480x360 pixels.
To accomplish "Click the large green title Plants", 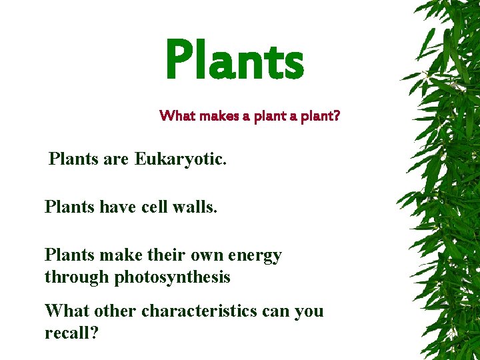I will [x=234, y=59].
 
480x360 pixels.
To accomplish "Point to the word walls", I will [x=194, y=207].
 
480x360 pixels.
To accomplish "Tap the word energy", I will [x=255, y=256].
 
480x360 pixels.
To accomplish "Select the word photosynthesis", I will [x=173, y=277].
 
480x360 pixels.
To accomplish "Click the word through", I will [x=77, y=277].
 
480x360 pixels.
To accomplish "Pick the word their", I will [x=166, y=255].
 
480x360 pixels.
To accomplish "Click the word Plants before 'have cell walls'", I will [x=67, y=207].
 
